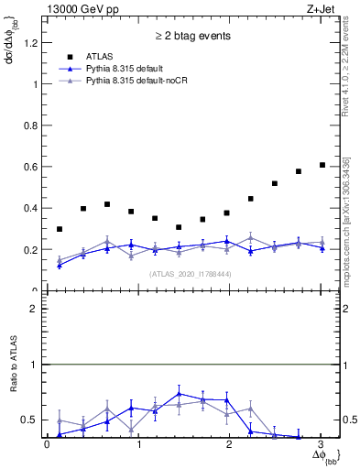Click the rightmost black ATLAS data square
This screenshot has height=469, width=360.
tap(322, 165)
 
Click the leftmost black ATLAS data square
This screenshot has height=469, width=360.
tap(60, 229)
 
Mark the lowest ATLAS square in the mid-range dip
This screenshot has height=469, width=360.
tap(179, 227)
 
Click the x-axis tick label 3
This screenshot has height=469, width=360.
tap(322, 445)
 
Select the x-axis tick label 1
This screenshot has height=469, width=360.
tap(138, 445)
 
